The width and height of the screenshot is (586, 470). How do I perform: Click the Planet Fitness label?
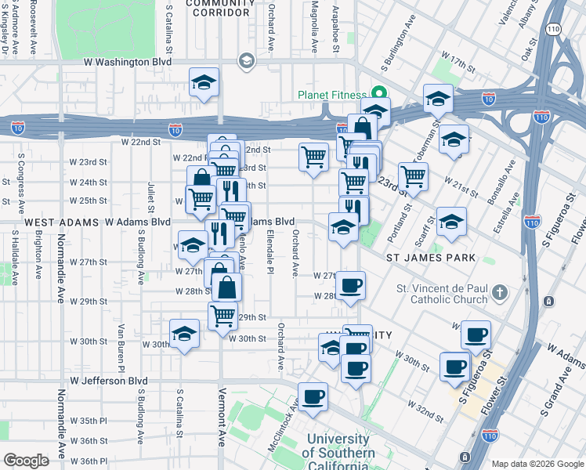click(334, 96)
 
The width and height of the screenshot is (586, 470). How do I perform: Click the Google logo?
click(26, 461)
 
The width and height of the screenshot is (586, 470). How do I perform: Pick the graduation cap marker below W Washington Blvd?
click(204, 82)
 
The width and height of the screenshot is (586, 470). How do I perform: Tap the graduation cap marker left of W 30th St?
click(184, 333)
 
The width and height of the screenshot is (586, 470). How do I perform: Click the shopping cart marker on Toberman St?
click(413, 176)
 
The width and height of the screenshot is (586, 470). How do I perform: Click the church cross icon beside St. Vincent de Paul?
click(501, 295)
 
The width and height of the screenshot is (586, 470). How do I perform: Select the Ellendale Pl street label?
click(270, 245)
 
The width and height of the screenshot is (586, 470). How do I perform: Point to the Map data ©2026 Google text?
click(537, 463)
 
